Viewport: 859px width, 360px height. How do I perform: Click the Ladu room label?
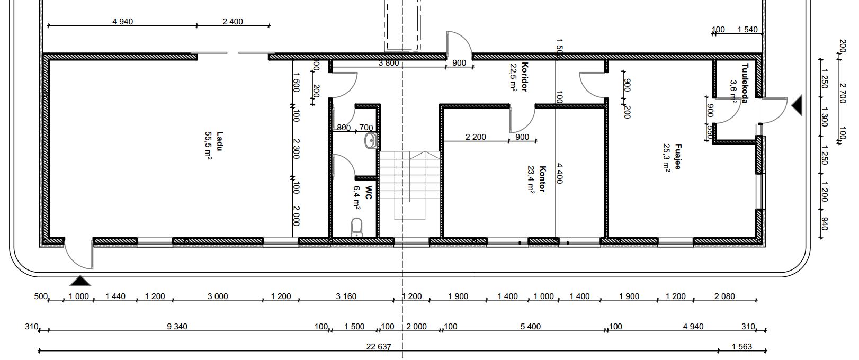point(220,141)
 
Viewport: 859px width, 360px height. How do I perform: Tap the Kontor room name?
point(543,178)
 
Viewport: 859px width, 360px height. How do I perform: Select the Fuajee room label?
point(678,156)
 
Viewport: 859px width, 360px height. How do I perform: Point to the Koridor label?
point(525,77)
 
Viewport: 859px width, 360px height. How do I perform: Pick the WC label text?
point(368,193)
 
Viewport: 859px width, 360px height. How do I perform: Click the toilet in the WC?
point(356,227)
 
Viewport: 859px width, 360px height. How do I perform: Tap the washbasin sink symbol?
point(371,141)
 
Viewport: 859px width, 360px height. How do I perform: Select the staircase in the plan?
point(409,186)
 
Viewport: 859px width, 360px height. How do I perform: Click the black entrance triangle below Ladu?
point(80,281)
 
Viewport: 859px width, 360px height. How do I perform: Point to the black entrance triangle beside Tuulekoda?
point(797,106)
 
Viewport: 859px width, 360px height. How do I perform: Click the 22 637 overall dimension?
point(379,347)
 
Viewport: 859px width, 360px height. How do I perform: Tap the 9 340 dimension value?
point(177,327)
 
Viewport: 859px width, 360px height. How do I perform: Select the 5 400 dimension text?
point(530,327)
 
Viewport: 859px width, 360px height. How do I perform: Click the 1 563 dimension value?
point(741,347)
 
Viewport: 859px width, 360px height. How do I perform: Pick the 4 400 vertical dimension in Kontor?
point(559,173)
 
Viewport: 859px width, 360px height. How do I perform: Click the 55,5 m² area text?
point(208,145)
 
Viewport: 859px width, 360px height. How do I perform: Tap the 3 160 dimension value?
point(346,296)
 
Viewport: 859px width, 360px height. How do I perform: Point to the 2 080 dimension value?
point(724,296)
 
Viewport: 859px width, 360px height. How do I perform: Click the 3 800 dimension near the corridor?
point(389,63)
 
